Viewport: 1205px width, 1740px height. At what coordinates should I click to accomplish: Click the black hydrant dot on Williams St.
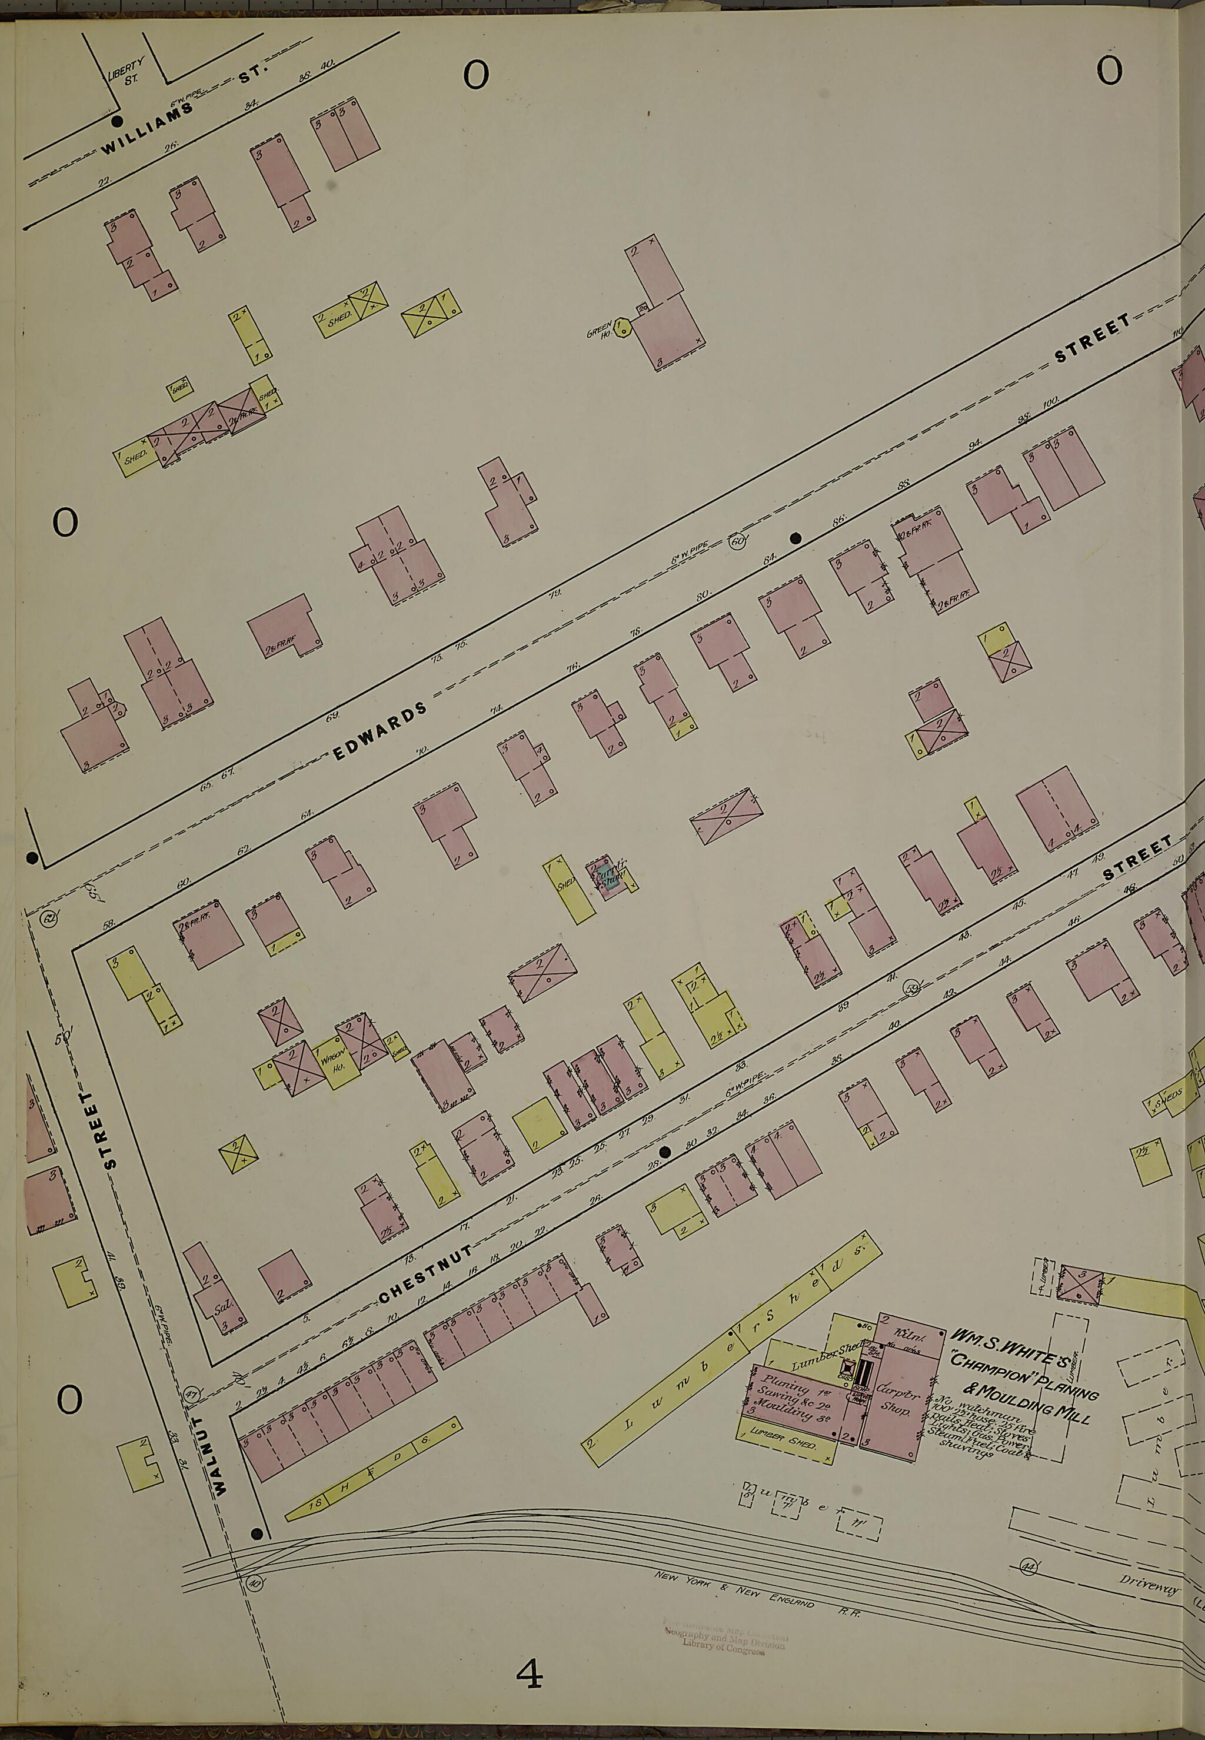pyautogui.click(x=116, y=121)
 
